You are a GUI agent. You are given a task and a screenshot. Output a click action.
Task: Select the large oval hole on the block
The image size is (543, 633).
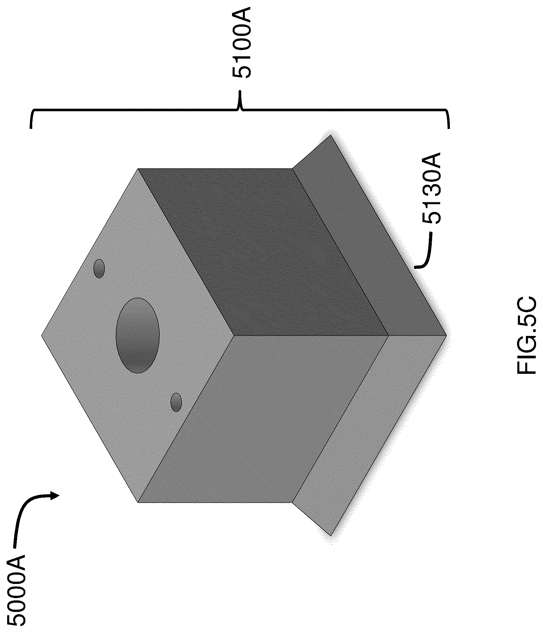(138, 335)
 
